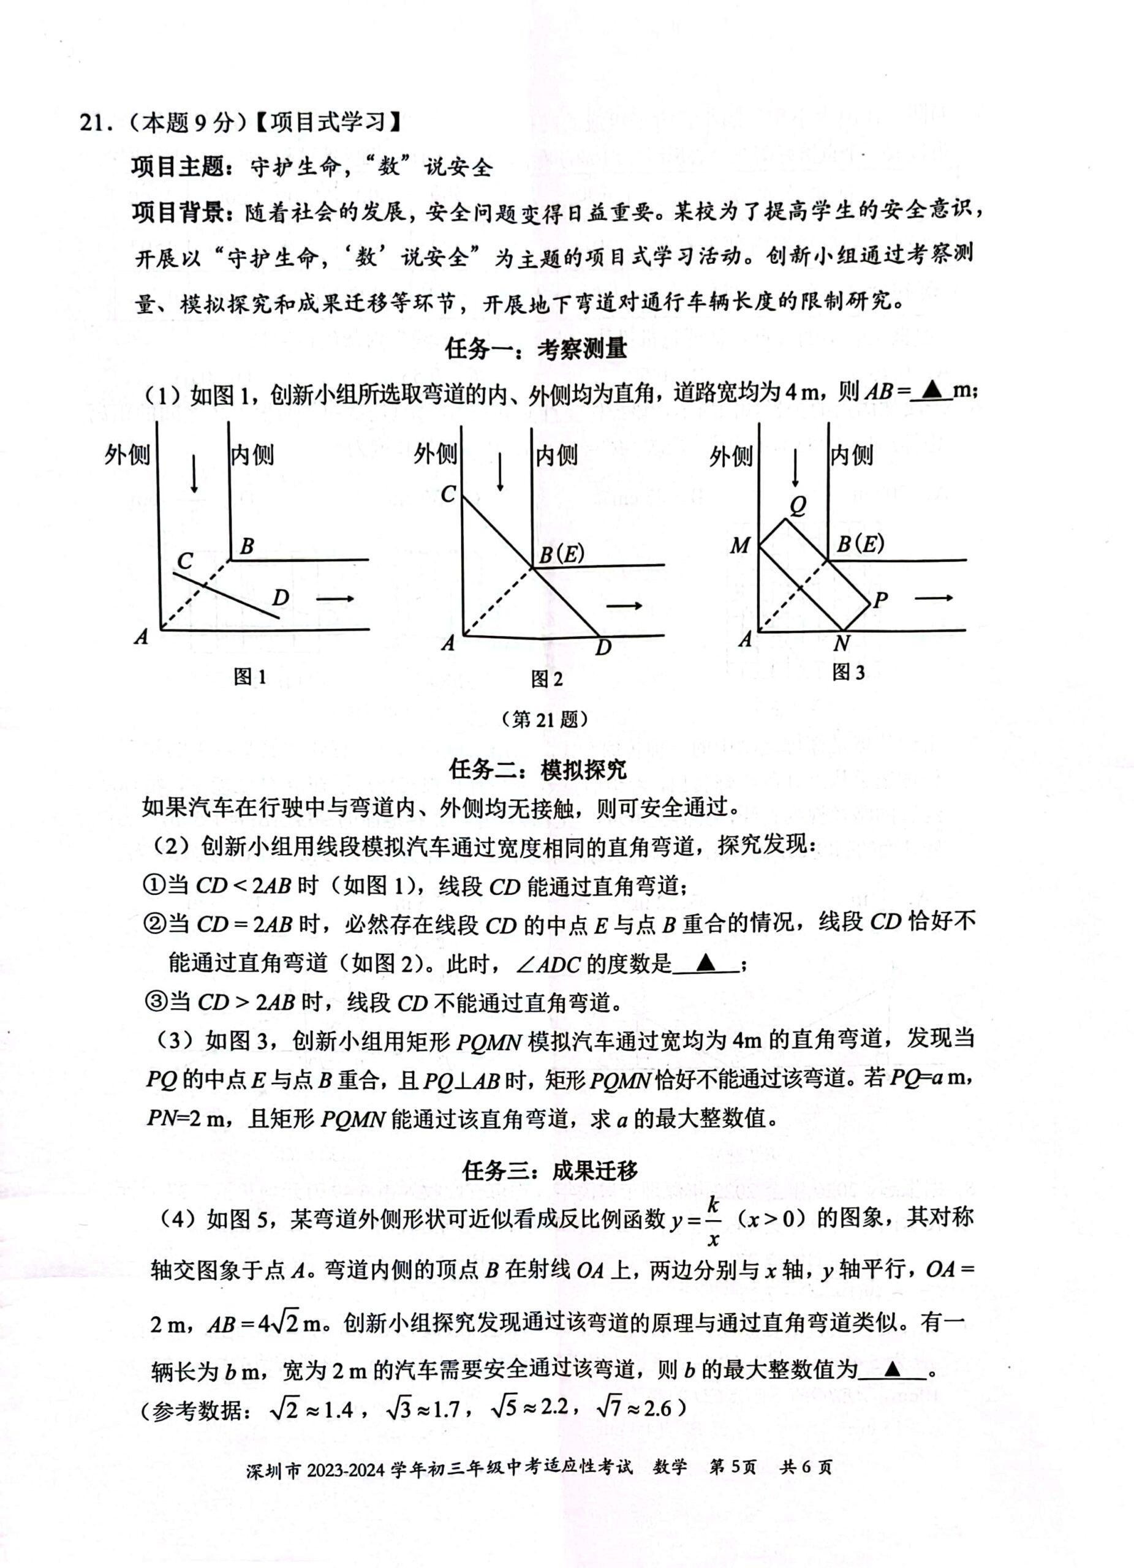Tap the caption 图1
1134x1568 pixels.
pyautogui.click(x=249, y=677)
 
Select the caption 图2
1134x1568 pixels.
pyautogui.click(x=546, y=679)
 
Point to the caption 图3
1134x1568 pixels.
pyautogui.click(x=849, y=672)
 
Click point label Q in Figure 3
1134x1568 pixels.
pyautogui.click(x=798, y=506)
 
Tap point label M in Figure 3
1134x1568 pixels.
pyautogui.click(x=739, y=546)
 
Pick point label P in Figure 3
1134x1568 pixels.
pyautogui.click(x=880, y=600)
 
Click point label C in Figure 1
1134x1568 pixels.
pyautogui.click(x=184, y=560)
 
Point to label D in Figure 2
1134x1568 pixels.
pyautogui.click(x=603, y=647)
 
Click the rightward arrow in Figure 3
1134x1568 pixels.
pyautogui.click(x=934, y=598)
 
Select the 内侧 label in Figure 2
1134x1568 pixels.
pyautogui.click(x=558, y=455)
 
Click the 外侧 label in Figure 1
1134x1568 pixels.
pyautogui.click(x=127, y=455)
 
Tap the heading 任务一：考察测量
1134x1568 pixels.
pyautogui.click(x=536, y=349)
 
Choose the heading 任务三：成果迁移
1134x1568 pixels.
pyautogui.click(x=550, y=1170)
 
